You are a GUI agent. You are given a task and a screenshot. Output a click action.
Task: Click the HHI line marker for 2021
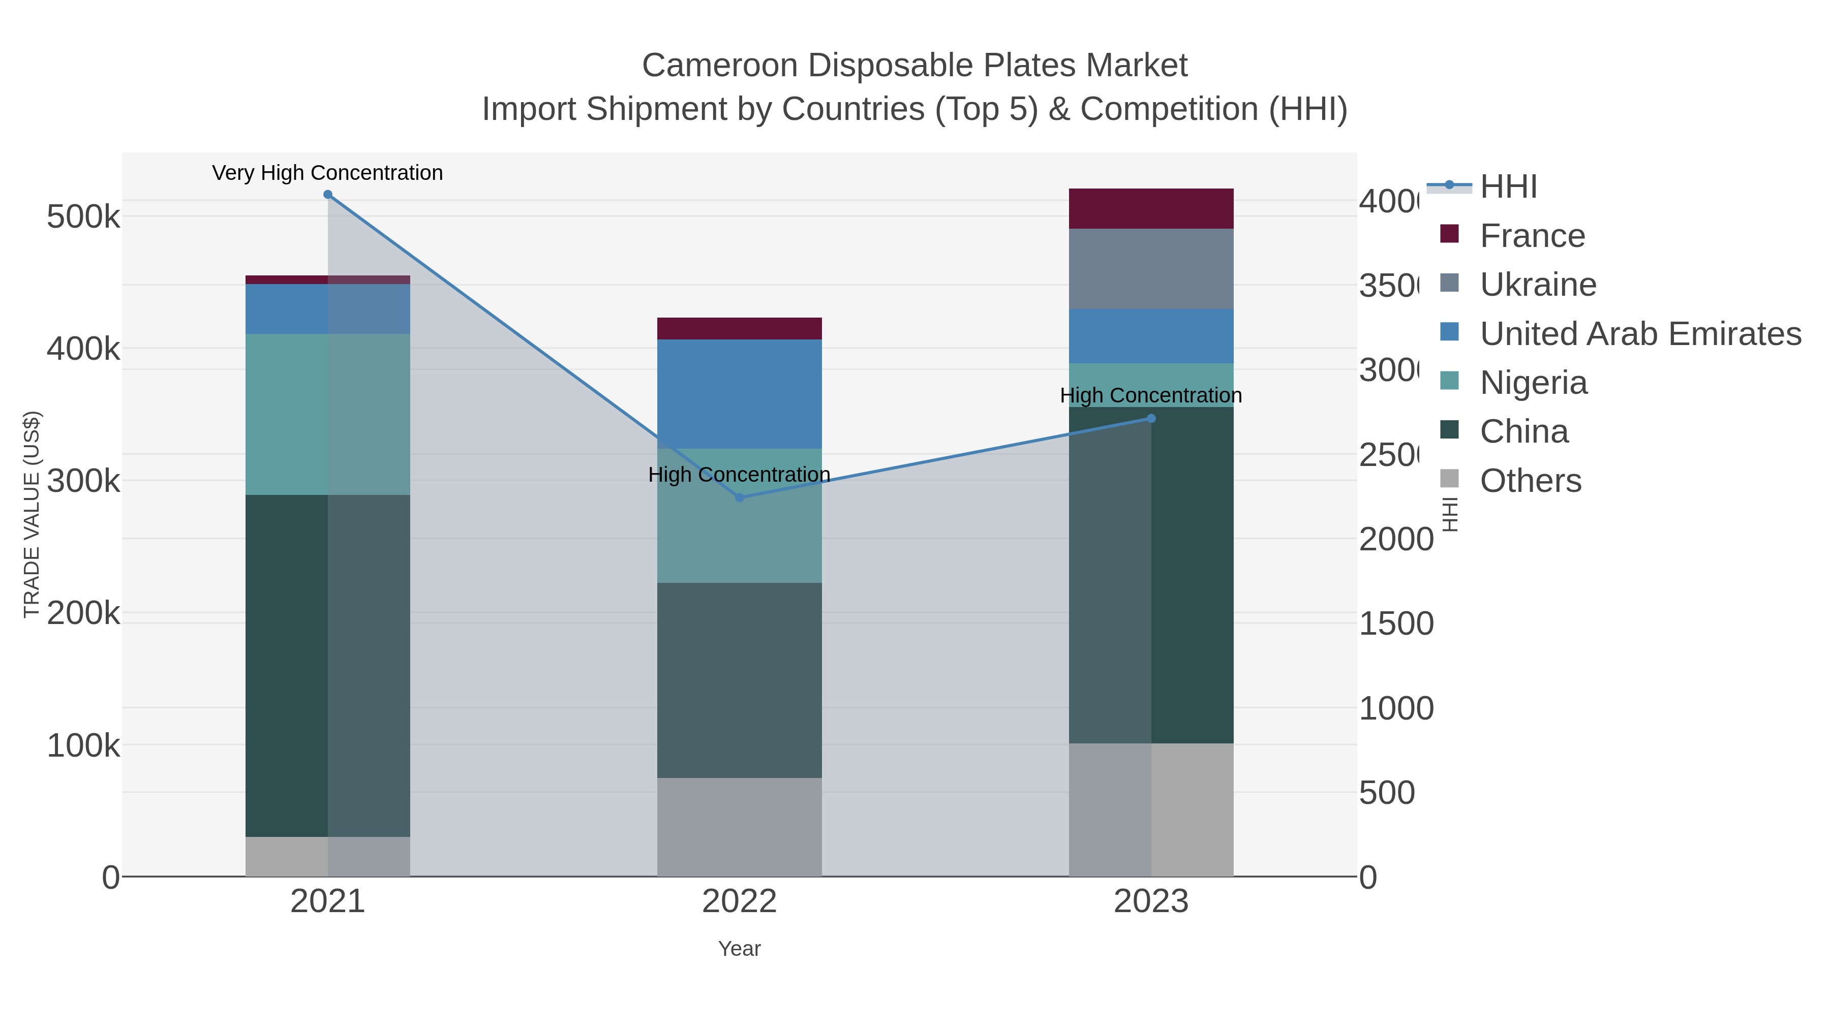(x=327, y=195)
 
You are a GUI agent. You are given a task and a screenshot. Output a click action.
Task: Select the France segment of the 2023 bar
(x=1151, y=209)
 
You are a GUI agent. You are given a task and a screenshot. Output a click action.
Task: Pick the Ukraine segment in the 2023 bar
(x=1151, y=269)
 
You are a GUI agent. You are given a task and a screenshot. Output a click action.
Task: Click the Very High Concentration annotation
(x=327, y=173)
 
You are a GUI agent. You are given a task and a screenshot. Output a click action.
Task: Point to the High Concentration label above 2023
(x=1151, y=395)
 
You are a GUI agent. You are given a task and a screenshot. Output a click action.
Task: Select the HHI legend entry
(x=1508, y=187)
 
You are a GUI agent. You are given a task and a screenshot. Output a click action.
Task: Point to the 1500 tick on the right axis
(x=1396, y=624)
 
